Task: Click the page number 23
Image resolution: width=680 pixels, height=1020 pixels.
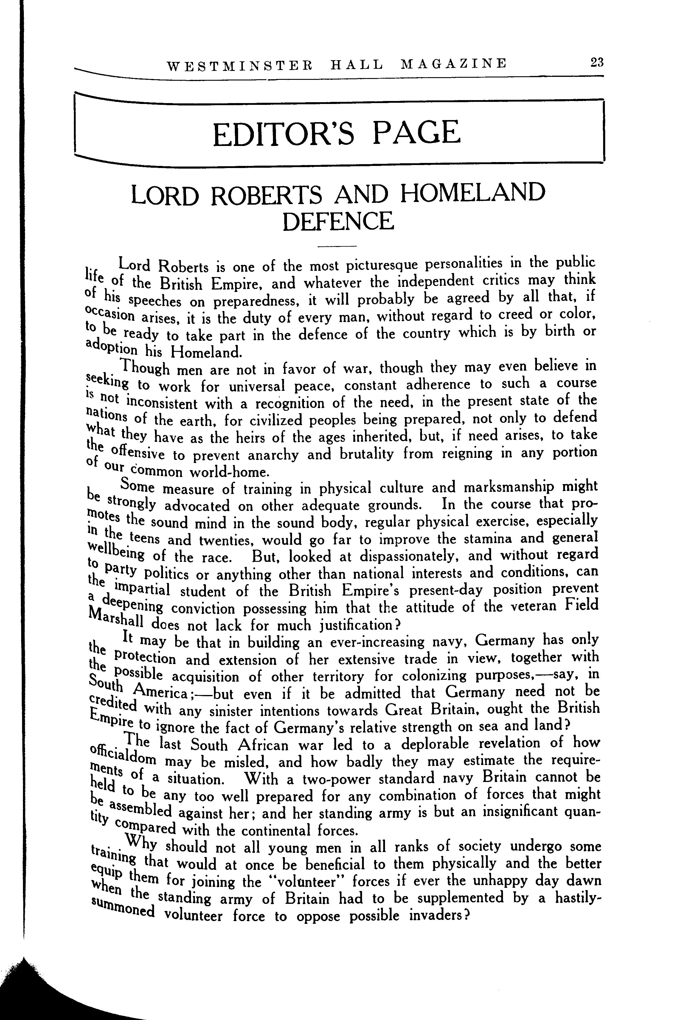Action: pyautogui.click(x=596, y=63)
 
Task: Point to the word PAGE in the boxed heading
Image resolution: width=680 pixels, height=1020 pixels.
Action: pyautogui.click(x=416, y=132)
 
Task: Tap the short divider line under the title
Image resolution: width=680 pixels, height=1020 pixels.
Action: pyautogui.click(x=336, y=247)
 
